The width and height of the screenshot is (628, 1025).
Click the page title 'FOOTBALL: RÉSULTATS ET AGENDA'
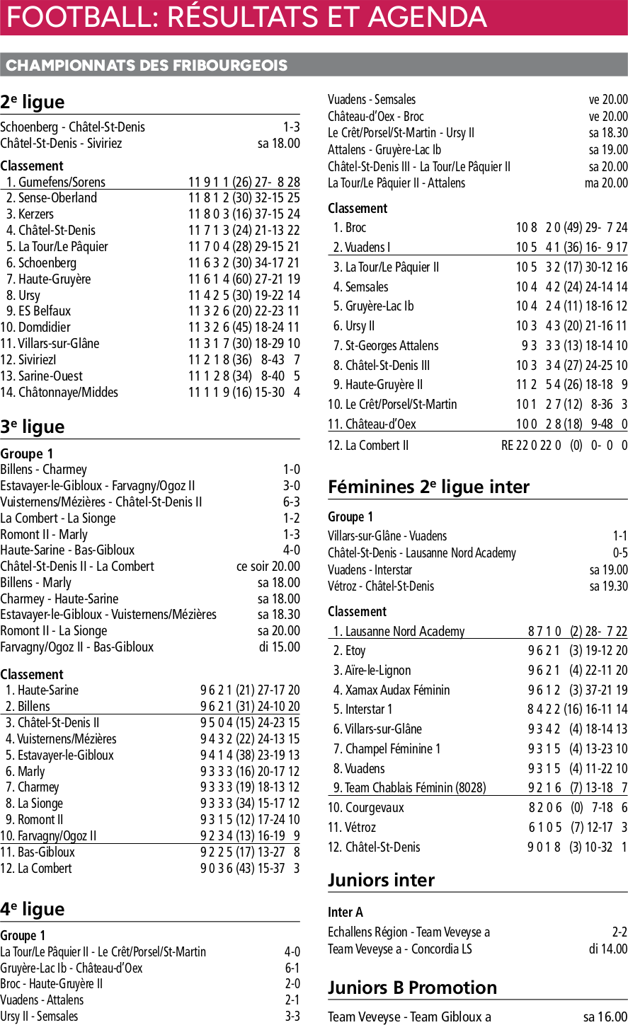tap(246, 17)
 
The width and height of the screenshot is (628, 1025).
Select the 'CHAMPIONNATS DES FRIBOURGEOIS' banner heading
tap(147, 66)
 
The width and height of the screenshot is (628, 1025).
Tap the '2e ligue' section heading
tap(33, 103)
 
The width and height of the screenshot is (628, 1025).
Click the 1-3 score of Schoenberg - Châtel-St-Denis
tap(291, 127)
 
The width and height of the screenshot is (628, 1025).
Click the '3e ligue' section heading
tap(33, 427)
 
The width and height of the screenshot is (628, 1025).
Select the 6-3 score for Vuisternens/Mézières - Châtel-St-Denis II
tap(291, 502)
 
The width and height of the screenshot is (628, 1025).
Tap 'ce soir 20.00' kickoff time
tap(268, 567)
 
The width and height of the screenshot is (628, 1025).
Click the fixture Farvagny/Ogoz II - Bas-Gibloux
tap(76, 647)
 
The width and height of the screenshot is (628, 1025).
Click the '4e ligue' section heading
tap(33, 910)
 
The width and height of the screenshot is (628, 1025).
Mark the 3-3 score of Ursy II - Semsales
tap(292, 1017)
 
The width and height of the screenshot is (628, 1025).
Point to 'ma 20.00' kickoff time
tap(606, 183)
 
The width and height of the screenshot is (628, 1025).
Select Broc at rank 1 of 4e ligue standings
tap(355, 228)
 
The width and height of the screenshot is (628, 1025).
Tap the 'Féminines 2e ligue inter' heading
tap(428, 487)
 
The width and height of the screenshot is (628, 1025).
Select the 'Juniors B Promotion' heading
tap(412, 988)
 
